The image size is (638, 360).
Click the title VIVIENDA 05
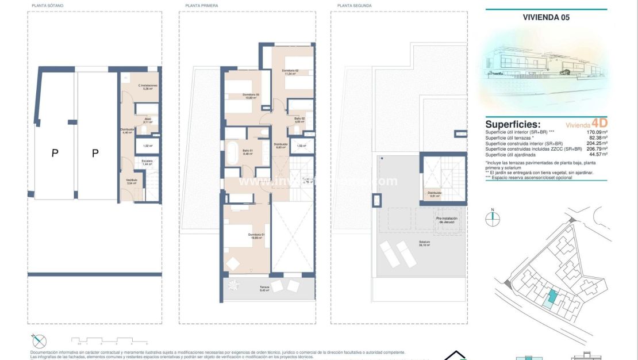tap(546, 17)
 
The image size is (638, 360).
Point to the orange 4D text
tap(599, 123)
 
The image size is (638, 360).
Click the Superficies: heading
tap(513, 124)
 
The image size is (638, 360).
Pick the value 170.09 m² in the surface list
tap(597, 132)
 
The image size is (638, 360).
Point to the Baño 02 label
tap(299, 119)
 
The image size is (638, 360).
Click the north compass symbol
tap(493, 217)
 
